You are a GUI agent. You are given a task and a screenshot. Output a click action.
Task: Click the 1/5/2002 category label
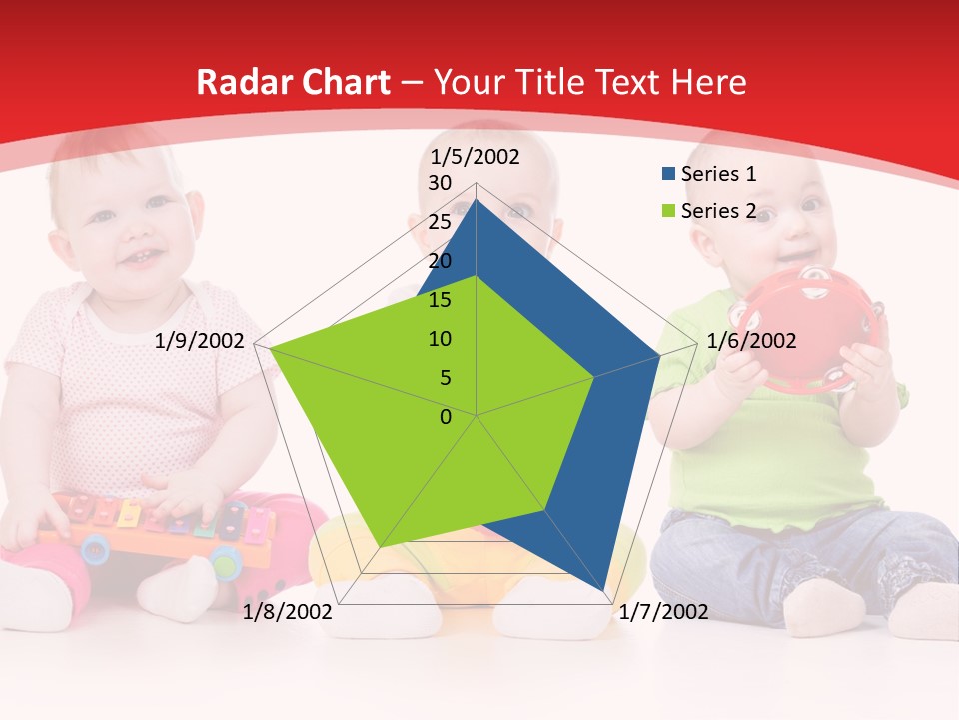[x=476, y=156]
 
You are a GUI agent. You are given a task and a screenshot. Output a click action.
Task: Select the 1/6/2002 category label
[x=751, y=341]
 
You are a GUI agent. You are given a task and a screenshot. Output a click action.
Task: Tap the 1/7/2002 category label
[x=663, y=612]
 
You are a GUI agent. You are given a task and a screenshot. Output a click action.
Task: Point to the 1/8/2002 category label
[x=288, y=612]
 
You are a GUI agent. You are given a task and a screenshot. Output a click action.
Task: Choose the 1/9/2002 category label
[x=200, y=341]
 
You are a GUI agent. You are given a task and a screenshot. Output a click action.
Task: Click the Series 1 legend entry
[x=718, y=174]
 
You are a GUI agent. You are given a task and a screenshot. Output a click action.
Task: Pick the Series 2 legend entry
[x=718, y=211]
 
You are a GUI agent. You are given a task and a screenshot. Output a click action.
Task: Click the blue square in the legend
[x=668, y=175]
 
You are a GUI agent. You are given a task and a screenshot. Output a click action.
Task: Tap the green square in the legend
[x=668, y=212]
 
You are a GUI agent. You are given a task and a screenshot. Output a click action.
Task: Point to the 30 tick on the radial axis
[x=440, y=183]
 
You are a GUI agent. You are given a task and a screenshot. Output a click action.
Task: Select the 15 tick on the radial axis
[x=440, y=300]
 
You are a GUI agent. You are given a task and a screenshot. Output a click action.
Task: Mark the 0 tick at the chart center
[x=446, y=417]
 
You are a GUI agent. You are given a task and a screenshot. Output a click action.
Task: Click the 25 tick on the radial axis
[x=440, y=222]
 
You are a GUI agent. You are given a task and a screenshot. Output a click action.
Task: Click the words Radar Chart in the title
[x=293, y=82]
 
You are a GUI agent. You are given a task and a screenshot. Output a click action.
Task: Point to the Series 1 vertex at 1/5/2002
[x=477, y=199]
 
